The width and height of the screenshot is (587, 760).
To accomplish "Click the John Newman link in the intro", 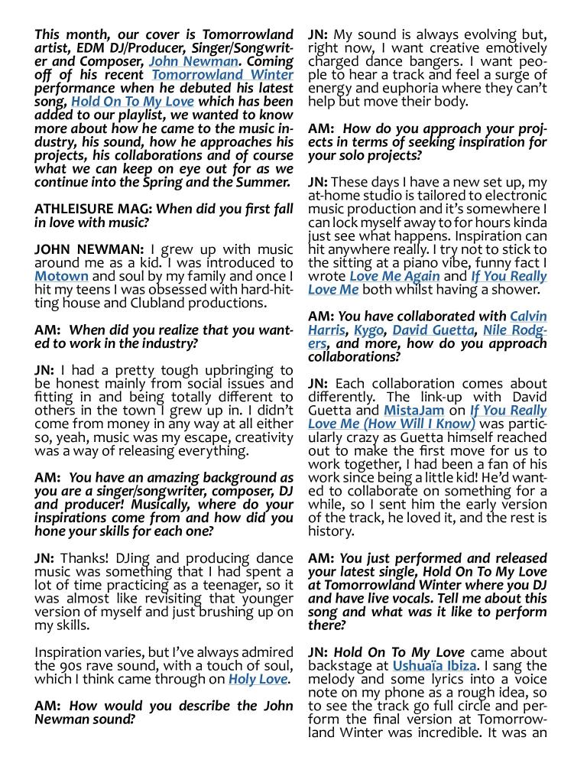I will [x=193, y=61].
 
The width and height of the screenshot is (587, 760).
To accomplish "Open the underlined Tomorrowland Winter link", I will [x=222, y=75].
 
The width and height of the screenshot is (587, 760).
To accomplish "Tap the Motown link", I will [x=61, y=275].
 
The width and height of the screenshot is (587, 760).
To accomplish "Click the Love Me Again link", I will [x=394, y=276].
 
